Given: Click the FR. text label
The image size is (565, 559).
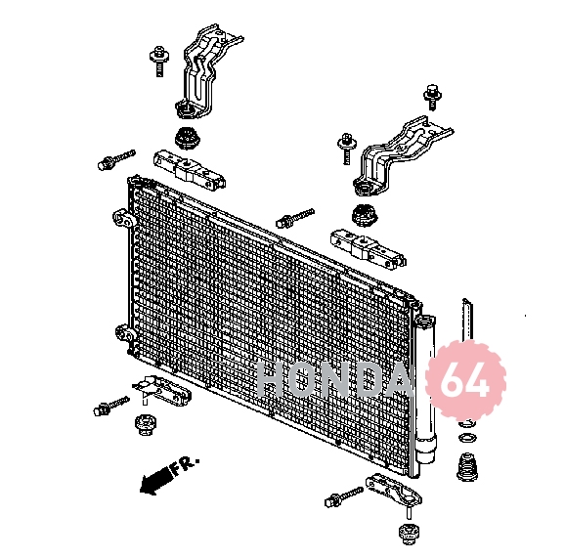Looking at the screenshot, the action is pyautogui.click(x=184, y=465).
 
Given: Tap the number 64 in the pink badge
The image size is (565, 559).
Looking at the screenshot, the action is pyautogui.click(x=465, y=381).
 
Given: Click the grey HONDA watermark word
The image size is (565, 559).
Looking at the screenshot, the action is pyautogui.click(x=334, y=379).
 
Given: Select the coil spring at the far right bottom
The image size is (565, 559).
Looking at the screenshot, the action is pyautogui.click(x=467, y=467).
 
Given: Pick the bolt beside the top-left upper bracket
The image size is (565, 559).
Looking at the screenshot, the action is pyautogui.click(x=159, y=61).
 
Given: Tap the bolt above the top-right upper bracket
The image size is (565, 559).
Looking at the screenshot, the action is pyautogui.click(x=433, y=97).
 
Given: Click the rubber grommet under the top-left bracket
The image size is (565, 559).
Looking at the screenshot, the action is pyautogui.click(x=188, y=138).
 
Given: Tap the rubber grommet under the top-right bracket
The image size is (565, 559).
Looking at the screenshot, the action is pyautogui.click(x=364, y=215).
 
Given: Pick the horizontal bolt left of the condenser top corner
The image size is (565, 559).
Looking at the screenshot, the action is pyautogui.click(x=116, y=159).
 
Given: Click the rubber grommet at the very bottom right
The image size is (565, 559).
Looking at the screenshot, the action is pyautogui.click(x=409, y=535).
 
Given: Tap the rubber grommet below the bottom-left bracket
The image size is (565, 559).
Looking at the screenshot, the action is pyautogui.click(x=146, y=425).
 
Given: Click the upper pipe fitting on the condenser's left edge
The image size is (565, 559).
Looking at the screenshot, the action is pyautogui.click(x=123, y=219).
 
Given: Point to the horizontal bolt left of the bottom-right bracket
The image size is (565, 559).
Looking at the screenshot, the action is pyautogui.click(x=344, y=496).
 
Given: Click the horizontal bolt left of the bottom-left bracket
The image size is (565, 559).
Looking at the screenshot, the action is pyautogui.click(x=111, y=406).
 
